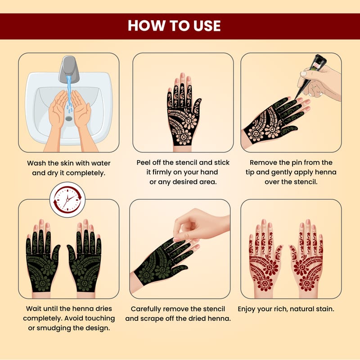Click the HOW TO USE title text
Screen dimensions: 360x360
[174, 25]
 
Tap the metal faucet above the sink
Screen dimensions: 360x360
[69, 69]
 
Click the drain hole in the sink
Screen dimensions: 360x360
[69, 118]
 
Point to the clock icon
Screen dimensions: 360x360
[67, 199]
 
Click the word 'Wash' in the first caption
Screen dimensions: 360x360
[36, 163]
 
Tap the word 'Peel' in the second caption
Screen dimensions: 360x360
[144, 162]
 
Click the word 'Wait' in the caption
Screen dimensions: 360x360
[33, 309]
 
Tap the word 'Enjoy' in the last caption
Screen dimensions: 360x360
[247, 309]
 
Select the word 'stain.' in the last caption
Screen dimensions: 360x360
[325, 309]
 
